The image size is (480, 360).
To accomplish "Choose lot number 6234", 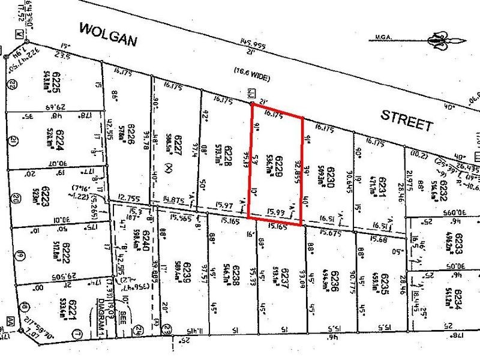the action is pyautogui.click(x=459, y=298).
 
